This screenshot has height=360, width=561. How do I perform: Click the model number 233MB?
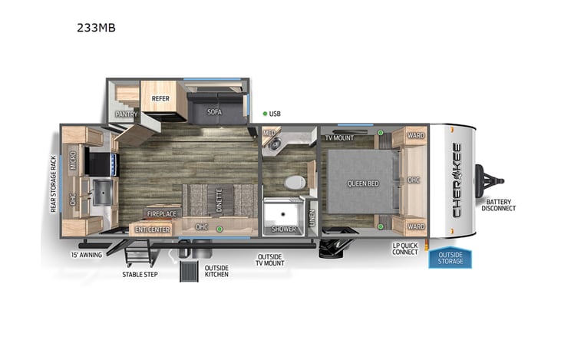(96, 28)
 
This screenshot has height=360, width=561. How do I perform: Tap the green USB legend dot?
(264, 114)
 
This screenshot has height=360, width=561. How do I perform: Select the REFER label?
(160, 99)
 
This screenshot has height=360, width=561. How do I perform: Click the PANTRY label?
(126, 114)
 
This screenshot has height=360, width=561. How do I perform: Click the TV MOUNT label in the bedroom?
(340, 138)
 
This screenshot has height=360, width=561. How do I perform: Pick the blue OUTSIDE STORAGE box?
(450, 258)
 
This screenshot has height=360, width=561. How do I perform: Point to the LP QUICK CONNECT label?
(404, 249)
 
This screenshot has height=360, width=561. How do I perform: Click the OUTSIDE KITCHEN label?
(216, 271)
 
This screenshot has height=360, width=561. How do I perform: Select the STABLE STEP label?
(140, 274)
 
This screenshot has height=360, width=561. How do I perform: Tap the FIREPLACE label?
(161, 214)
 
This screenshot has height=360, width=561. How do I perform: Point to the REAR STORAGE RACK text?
(53, 183)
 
